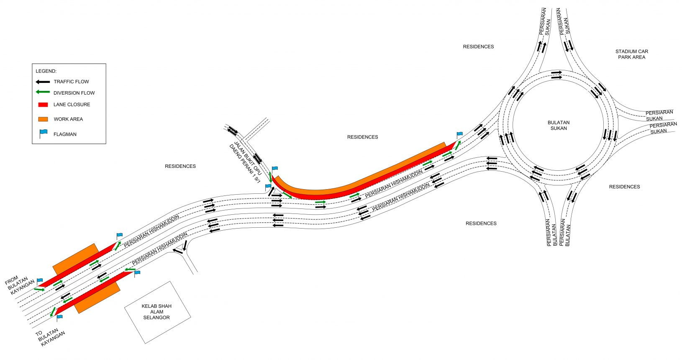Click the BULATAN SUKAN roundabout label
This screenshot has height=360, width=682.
click(559, 125)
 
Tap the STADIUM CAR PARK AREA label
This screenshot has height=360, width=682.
click(631, 54)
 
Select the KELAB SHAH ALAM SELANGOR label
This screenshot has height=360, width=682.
click(156, 311)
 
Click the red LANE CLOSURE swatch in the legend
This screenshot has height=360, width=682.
click(43, 105)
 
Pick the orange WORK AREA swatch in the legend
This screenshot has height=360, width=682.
click(43, 119)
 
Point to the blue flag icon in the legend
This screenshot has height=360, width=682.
click(43, 134)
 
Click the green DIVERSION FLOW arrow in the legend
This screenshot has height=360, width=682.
click(43, 92)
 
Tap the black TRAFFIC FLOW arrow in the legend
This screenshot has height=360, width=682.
click(43, 82)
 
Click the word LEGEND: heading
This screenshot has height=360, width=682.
click(46, 71)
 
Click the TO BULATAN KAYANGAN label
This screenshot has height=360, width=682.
click(50, 337)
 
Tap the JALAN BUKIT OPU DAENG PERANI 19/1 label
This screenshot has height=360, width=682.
click(246, 162)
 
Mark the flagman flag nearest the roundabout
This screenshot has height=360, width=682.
click(459, 135)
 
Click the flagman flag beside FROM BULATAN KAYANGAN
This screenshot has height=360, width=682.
click(40, 281)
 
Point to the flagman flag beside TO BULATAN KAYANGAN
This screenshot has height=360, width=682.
click(59, 318)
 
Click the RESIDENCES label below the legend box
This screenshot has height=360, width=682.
click(180, 166)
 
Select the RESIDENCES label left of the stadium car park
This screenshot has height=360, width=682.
click(478, 46)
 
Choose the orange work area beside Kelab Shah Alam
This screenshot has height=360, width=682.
click(98, 297)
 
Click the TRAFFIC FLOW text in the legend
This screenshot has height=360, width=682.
click(71, 82)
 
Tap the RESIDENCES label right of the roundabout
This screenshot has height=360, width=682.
click(624, 187)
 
